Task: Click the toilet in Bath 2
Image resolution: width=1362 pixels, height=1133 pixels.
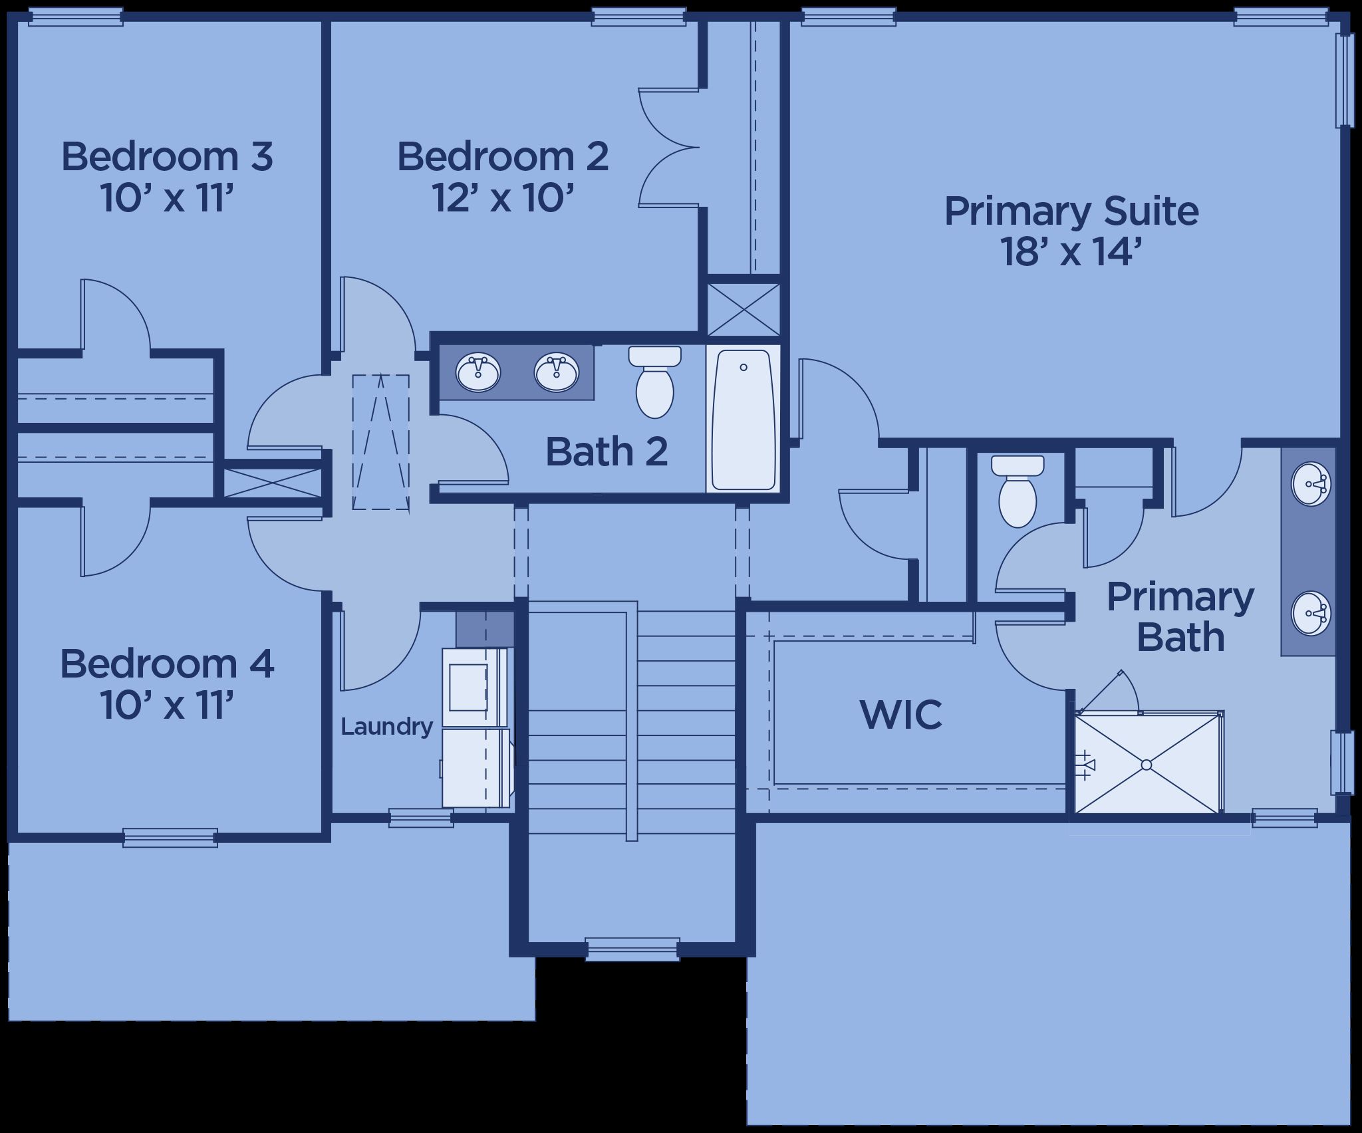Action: [655, 382]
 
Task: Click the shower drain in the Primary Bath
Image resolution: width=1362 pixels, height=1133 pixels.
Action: [1147, 765]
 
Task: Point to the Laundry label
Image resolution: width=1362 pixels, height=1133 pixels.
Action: [386, 727]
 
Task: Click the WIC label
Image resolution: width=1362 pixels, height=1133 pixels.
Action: [901, 714]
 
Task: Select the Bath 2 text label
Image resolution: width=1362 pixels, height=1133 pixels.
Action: [607, 451]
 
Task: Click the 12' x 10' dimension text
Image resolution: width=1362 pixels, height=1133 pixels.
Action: [503, 197]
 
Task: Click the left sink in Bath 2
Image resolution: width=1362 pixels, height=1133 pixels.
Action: [477, 372]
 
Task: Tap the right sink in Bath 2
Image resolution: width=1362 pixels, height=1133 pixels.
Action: [557, 372]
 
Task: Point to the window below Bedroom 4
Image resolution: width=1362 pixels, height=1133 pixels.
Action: [170, 838]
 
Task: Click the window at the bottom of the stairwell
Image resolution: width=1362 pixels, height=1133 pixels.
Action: [632, 949]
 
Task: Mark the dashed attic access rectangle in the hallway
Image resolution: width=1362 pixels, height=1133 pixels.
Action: [380, 442]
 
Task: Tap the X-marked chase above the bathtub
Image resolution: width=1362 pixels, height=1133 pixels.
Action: [744, 309]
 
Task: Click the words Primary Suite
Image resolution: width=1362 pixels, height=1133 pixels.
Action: [1071, 211]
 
